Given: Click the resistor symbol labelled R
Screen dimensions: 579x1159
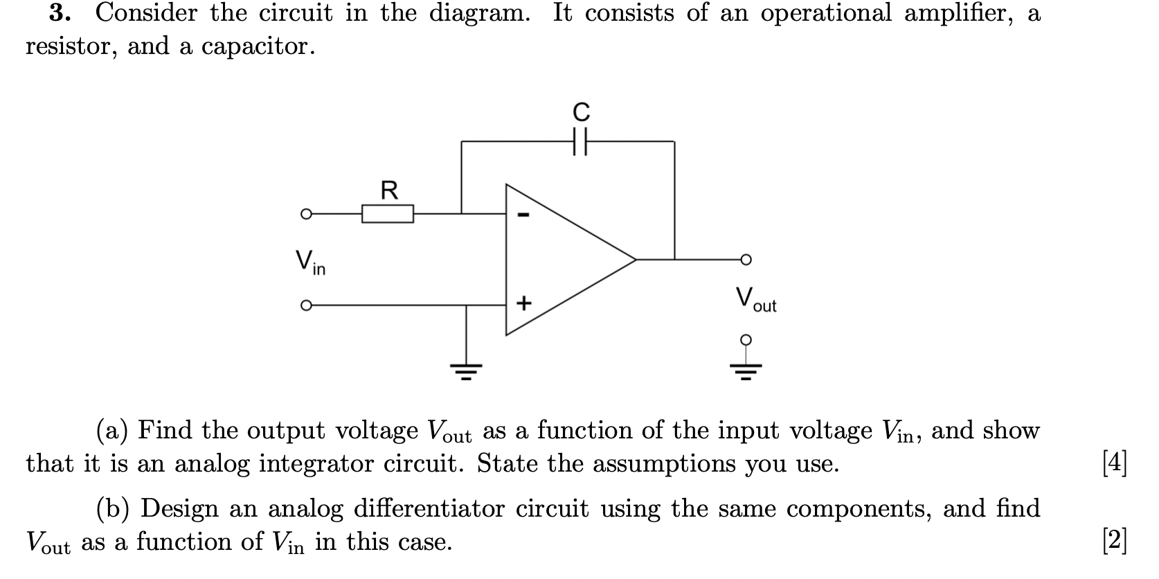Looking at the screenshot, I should [x=388, y=213].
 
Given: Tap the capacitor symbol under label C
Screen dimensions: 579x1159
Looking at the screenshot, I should [x=581, y=141].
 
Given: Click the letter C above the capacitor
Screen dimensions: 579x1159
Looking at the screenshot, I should [x=581, y=112].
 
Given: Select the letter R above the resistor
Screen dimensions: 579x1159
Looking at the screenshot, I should [x=390, y=189].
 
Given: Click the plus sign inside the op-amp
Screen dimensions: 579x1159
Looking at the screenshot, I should [x=524, y=303].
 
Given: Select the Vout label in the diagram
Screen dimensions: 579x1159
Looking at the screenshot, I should [x=755, y=300].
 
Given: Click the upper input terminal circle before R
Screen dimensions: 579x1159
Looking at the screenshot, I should [x=305, y=214].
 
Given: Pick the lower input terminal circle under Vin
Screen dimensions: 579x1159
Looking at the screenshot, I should [x=305, y=304].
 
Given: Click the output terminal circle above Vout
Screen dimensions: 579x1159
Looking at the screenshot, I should [x=745, y=260].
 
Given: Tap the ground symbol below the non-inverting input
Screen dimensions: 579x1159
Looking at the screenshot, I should [x=466, y=373].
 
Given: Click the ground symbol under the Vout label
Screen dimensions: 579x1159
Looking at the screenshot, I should [x=745, y=371].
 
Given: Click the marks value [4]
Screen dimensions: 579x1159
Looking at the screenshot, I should [x=1115, y=463].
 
